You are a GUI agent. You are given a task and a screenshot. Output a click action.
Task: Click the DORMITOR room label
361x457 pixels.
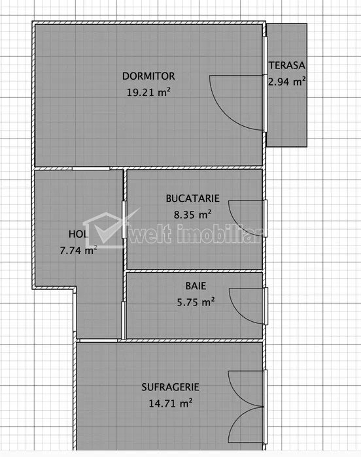coord(148,76)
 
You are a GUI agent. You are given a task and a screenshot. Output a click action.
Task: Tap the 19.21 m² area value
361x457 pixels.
coord(148,92)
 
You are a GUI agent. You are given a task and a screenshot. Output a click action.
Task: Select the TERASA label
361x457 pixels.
coord(287,65)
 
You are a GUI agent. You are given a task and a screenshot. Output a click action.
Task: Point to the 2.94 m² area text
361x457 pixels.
coord(287,82)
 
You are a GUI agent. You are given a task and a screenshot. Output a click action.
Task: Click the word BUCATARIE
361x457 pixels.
coord(192,198)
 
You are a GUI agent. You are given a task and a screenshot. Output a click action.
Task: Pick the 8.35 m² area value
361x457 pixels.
coord(193,215)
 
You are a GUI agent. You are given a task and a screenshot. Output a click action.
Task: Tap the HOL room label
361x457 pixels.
coord(78,234)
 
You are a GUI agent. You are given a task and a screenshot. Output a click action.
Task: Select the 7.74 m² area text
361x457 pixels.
coord(78,250)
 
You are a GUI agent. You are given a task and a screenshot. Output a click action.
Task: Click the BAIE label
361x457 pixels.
coord(196,286)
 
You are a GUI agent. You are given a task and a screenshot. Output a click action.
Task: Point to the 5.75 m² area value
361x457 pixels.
coord(196,302)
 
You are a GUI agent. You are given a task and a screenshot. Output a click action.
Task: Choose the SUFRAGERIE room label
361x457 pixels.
coord(170,387)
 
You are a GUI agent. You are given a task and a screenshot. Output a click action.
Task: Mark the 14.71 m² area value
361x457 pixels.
coord(171,403)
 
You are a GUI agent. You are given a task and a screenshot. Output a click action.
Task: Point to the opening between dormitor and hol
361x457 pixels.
coord(91,168)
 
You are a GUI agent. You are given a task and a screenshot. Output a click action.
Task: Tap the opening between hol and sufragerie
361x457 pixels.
coord(99,340)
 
